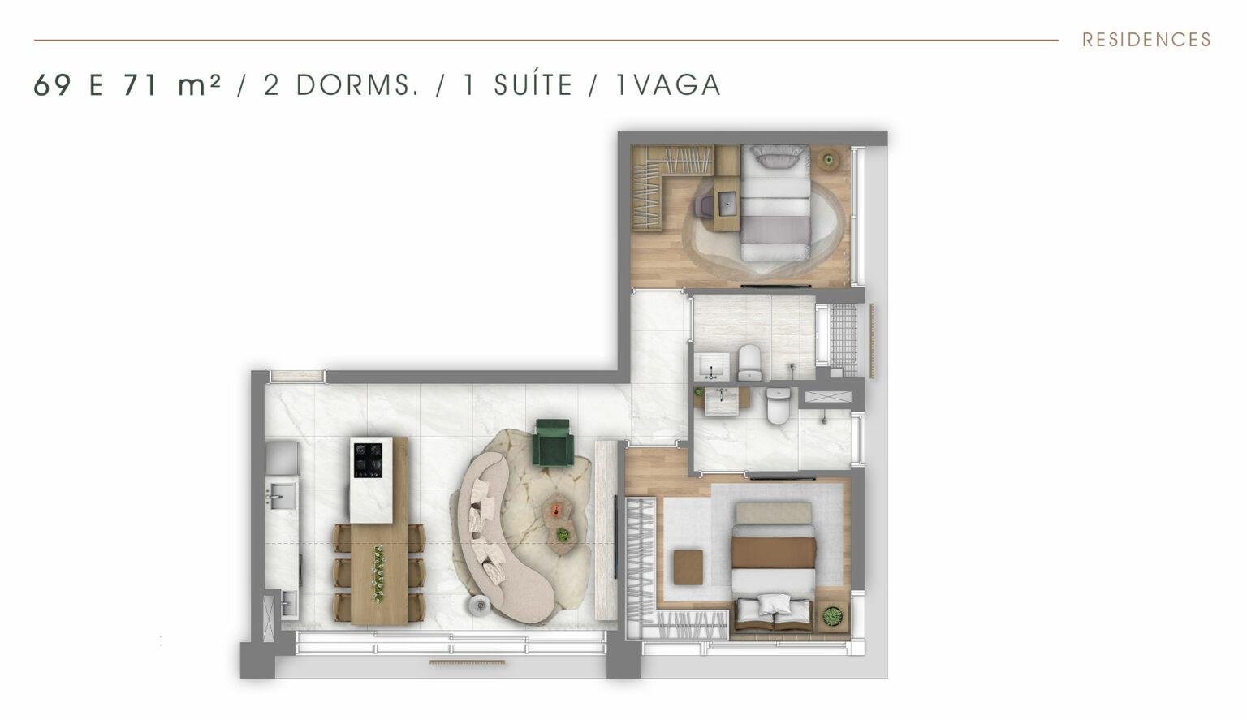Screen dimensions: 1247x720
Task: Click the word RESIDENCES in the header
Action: (1146, 40)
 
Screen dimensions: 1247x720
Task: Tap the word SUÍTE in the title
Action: (533, 85)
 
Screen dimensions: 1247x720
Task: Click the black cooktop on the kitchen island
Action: (368, 460)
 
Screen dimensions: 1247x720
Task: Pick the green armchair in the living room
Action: (554, 442)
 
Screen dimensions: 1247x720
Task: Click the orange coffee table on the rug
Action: (556, 508)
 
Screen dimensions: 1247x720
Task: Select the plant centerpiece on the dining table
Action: (378, 574)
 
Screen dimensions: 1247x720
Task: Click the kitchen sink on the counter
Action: (282, 494)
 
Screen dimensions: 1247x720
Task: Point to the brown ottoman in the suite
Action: (688, 567)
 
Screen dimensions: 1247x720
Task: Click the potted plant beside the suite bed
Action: (832, 616)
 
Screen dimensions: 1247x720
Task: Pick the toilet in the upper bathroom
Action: (749, 362)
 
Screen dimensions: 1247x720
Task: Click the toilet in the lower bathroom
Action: (779, 406)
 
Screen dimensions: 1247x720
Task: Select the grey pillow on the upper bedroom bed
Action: (777, 156)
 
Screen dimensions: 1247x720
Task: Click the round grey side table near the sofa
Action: (479, 605)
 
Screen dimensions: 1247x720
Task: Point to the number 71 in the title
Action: (140, 86)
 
